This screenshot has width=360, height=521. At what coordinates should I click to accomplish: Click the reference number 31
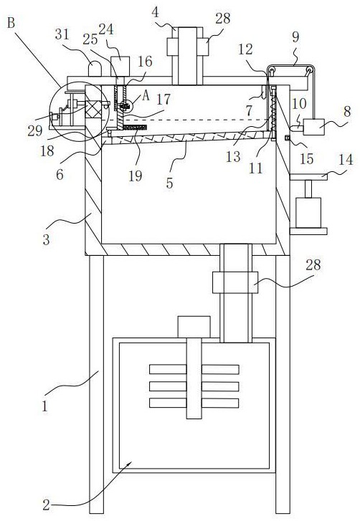62,35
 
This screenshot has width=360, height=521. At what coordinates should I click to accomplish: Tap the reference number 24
106,30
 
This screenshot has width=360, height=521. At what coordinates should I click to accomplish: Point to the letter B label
11,24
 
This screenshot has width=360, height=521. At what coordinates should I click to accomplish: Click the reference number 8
346,113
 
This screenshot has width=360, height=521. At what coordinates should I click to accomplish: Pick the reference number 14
346,160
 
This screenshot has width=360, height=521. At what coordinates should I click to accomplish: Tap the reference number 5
169,183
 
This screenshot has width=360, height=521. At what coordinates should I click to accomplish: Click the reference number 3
46,239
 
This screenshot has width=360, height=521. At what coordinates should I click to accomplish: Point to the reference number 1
45,406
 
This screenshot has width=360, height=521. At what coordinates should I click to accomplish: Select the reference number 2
46,505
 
